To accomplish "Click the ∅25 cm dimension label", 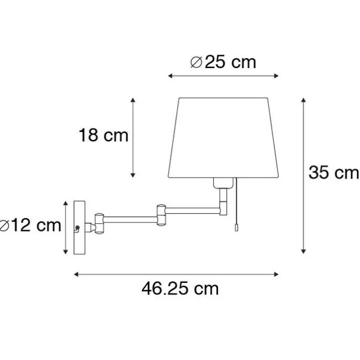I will tap(223, 62).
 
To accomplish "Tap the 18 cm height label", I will tap(104, 136).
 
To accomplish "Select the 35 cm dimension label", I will tap(333, 172).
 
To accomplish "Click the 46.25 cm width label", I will tap(180, 288).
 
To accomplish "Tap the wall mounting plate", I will tap(80, 227).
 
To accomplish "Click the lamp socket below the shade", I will tap(223, 183).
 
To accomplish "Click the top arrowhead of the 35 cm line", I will tap(303, 99).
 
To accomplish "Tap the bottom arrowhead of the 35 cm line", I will tap(303, 252).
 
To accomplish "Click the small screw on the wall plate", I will tap(78, 227).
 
